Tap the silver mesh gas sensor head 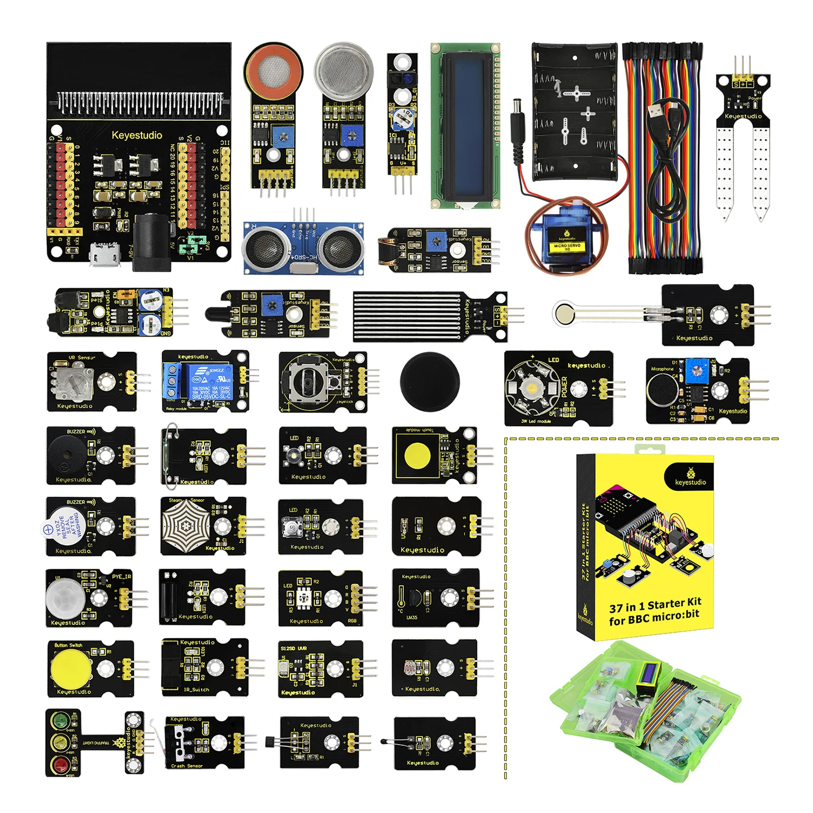(344, 70)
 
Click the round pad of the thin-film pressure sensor (565, 313)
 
